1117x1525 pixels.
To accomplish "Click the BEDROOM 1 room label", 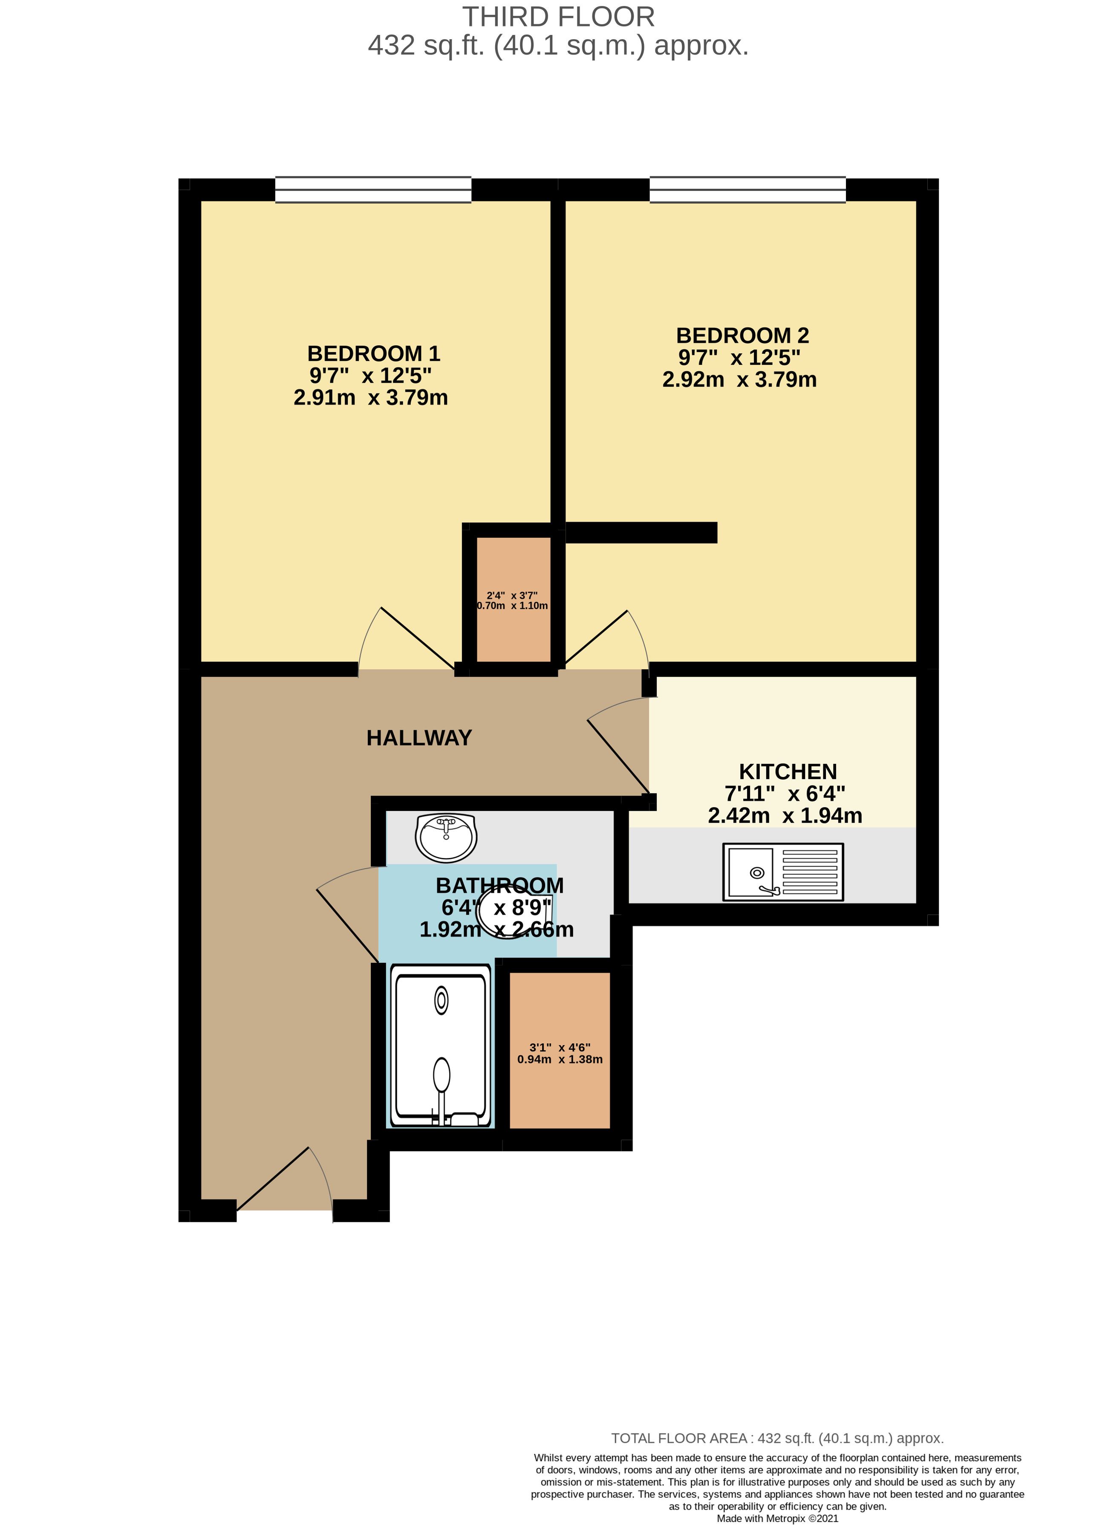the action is tap(373, 354).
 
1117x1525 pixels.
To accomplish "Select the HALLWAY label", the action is tap(419, 738).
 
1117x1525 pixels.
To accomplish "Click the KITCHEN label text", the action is tap(788, 771).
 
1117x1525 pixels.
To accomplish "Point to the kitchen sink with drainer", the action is tap(783, 872).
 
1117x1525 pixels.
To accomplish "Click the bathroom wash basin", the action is tap(446, 837).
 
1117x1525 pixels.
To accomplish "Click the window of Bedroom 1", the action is tap(373, 189).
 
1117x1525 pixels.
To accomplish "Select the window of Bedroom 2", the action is tap(748, 189).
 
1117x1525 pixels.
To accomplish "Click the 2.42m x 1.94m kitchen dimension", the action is tap(785, 816).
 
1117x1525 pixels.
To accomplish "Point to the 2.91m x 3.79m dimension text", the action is tap(370, 398).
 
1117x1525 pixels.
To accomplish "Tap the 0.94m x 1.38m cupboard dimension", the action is tap(560, 1060).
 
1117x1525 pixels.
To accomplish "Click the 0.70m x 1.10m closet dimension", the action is tap(513, 606).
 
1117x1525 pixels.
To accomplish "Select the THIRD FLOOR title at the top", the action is tap(558, 17).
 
